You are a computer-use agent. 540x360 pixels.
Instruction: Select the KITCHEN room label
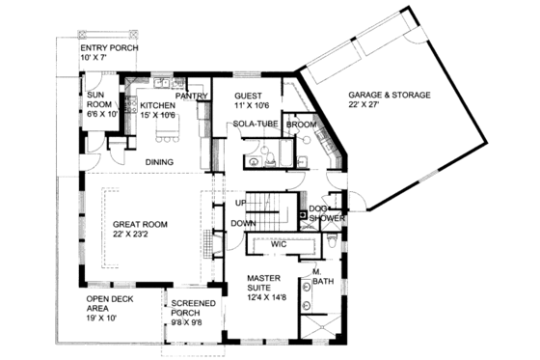click(158, 105)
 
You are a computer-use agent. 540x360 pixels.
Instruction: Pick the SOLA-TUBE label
click(255, 125)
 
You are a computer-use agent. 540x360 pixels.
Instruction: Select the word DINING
click(159, 161)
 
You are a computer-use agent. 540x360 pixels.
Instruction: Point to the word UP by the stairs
click(241, 203)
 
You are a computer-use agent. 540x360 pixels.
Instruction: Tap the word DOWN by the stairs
click(242, 223)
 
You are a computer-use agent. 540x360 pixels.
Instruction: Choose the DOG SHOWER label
click(328, 213)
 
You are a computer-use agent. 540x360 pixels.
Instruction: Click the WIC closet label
click(279, 245)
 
